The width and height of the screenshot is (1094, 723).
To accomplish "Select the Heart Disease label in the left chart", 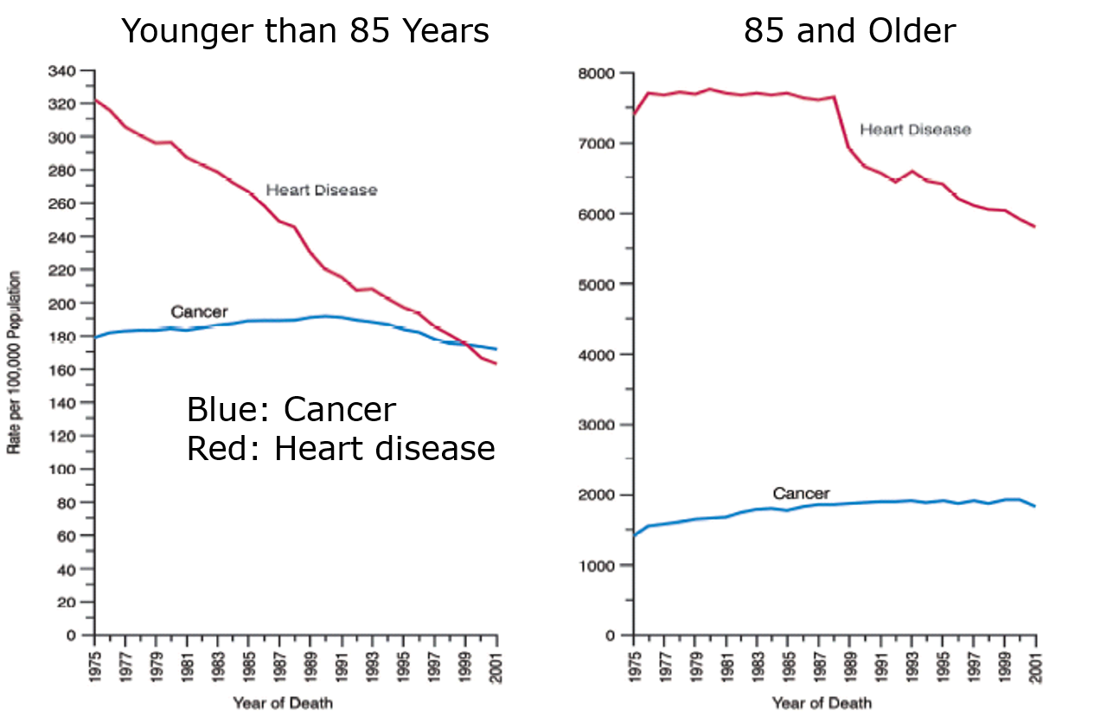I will (x=321, y=190).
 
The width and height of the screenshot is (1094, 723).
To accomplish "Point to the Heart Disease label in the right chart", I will (x=915, y=130).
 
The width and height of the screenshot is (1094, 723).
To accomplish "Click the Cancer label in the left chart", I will (x=199, y=312).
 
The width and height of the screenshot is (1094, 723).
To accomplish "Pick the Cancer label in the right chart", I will (x=801, y=494).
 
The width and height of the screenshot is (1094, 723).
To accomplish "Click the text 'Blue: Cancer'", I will (x=291, y=410).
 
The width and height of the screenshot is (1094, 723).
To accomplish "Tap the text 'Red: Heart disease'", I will (x=341, y=449).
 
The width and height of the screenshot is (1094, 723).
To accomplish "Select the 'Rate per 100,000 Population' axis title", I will (x=15, y=362).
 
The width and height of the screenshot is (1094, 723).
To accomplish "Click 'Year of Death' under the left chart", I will (x=282, y=702).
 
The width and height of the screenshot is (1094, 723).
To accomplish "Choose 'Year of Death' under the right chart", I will (x=822, y=702).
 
